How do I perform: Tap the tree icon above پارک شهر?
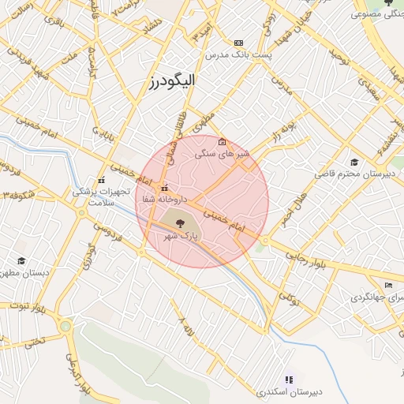pyautogui.click(x=181, y=224)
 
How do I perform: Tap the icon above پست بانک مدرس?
pyautogui.click(x=239, y=43)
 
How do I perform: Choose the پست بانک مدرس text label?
pyautogui.click(x=238, y=55)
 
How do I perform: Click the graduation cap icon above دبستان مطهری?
pyautogui.click(x=21, y=261)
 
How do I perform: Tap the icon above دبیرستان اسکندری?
pyautogui.click(x=287, y=380)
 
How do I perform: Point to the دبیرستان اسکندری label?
pyautogui.click(x=287, y=392)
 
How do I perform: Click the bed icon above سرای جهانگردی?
pyautogui.click(x=387, y=285)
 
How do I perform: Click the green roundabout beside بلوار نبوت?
pyautogui.click(x=65, y=326)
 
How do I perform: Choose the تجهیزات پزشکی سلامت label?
pyautogui.click(x=95, y=196)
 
